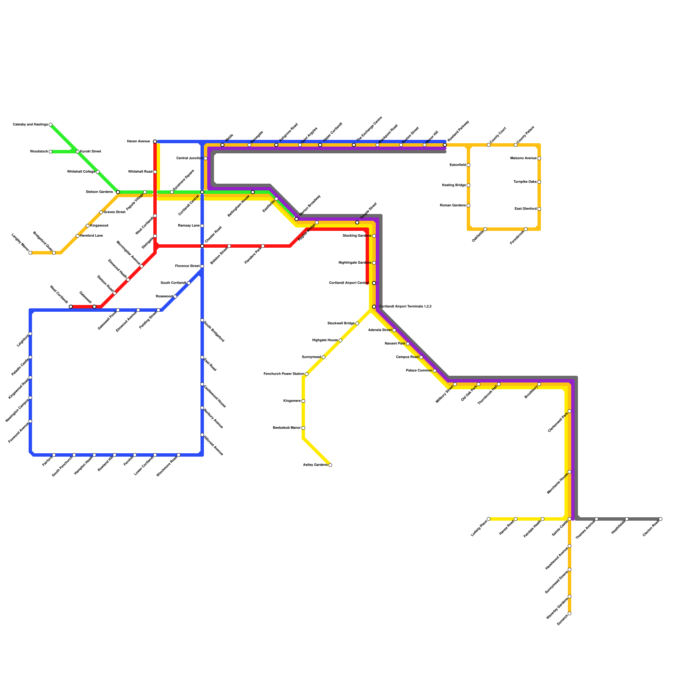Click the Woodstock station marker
tap(51, 152)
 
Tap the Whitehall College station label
tap(81, 172)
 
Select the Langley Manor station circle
tap(30, 253)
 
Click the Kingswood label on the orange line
tap(99, 226)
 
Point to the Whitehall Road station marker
tap(155, 172)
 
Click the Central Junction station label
tap(189, 158)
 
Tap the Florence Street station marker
tap(202, 266)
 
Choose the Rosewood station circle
tap(175, 297)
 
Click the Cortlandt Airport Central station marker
tap(374, 283)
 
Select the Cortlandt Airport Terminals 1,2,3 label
tap(405, 307)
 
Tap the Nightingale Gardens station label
tap(355, 263)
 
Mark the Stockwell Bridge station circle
tap(357, 324)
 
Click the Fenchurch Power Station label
tap(284, 374)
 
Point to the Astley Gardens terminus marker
tap(330, 465)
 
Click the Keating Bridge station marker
tap(468, 185)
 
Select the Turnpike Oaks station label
tap(525, 182)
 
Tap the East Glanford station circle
tap(539, 209)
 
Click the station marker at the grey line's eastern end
tap(661, 519)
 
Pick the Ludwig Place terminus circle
tap(489, 519)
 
